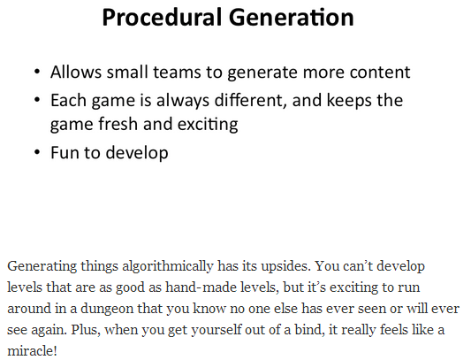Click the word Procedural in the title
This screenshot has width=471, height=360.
162,18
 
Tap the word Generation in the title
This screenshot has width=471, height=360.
292,18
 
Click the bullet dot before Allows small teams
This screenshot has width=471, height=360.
37,73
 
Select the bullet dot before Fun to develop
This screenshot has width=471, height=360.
37,152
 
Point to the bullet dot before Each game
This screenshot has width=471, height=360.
37,100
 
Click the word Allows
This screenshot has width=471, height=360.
76,73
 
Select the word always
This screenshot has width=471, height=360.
183,101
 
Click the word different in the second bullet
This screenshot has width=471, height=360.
248,100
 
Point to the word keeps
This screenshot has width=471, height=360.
349,101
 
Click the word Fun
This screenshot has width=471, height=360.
65,152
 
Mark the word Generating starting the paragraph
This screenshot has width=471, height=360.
42,267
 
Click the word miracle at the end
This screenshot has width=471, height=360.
32,350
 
